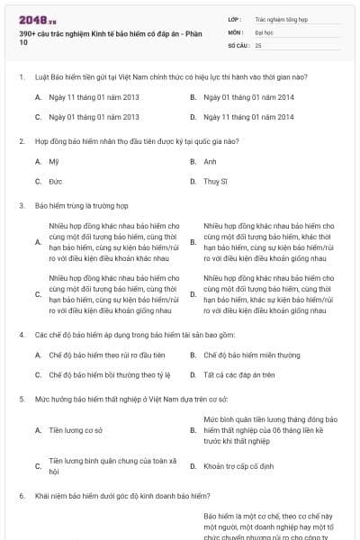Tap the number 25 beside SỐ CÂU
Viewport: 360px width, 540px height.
(x=258, y=45)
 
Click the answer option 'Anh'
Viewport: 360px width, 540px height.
(x=211, y=161)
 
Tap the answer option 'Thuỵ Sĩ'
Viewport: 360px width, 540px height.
(x=216, y=181)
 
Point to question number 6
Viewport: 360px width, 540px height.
(x=22, y=496)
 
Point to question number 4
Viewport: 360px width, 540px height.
(x=22, y=335)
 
